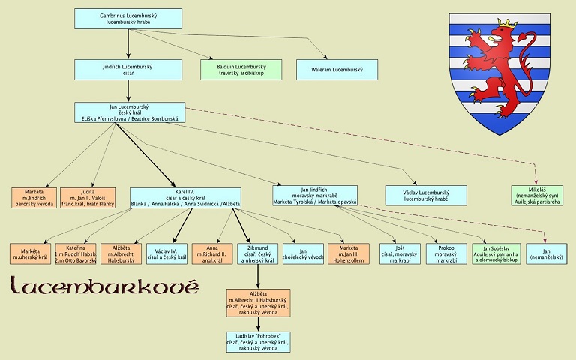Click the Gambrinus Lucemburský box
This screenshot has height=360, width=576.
(x=128, y=19)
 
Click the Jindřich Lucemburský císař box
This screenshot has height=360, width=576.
(x=128, y=70)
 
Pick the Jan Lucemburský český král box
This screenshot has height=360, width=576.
(x=128, y=112)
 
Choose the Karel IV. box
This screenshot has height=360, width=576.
(x=185, y=197)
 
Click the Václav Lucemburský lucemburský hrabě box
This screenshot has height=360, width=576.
(x=425, y=197)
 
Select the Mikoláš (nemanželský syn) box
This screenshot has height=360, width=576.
(x=536, y=196)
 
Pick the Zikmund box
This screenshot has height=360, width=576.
(x=259, y=254)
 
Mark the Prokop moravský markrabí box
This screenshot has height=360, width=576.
(x=446, y=254)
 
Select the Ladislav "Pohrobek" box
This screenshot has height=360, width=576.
(x=259, y=341)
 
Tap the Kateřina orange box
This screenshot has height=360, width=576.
(x=76, y=254)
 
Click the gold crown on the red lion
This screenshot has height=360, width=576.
(x=509, y=25)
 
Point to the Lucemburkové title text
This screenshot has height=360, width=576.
(x=104, y=286)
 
